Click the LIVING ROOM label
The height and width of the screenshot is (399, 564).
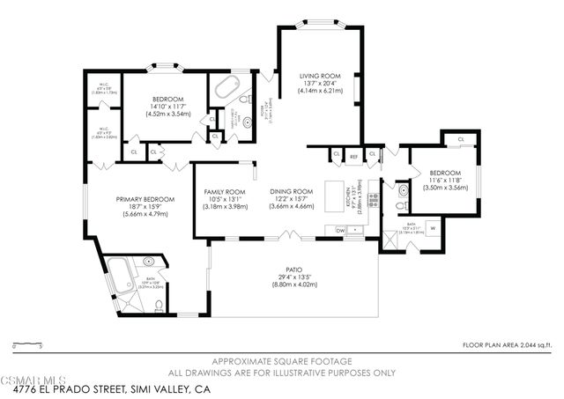319,77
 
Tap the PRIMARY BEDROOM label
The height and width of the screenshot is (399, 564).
145,199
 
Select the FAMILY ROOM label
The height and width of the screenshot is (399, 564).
225,191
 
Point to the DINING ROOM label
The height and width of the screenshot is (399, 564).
291,191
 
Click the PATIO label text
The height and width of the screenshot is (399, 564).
293,270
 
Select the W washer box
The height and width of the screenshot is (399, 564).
433,229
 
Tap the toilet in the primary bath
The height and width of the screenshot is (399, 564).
159,306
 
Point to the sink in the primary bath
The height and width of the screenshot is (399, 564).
148,262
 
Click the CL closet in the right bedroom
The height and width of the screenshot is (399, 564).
461,139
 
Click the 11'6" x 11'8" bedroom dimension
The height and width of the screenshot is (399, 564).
445,180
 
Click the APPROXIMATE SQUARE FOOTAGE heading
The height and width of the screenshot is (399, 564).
281,362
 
